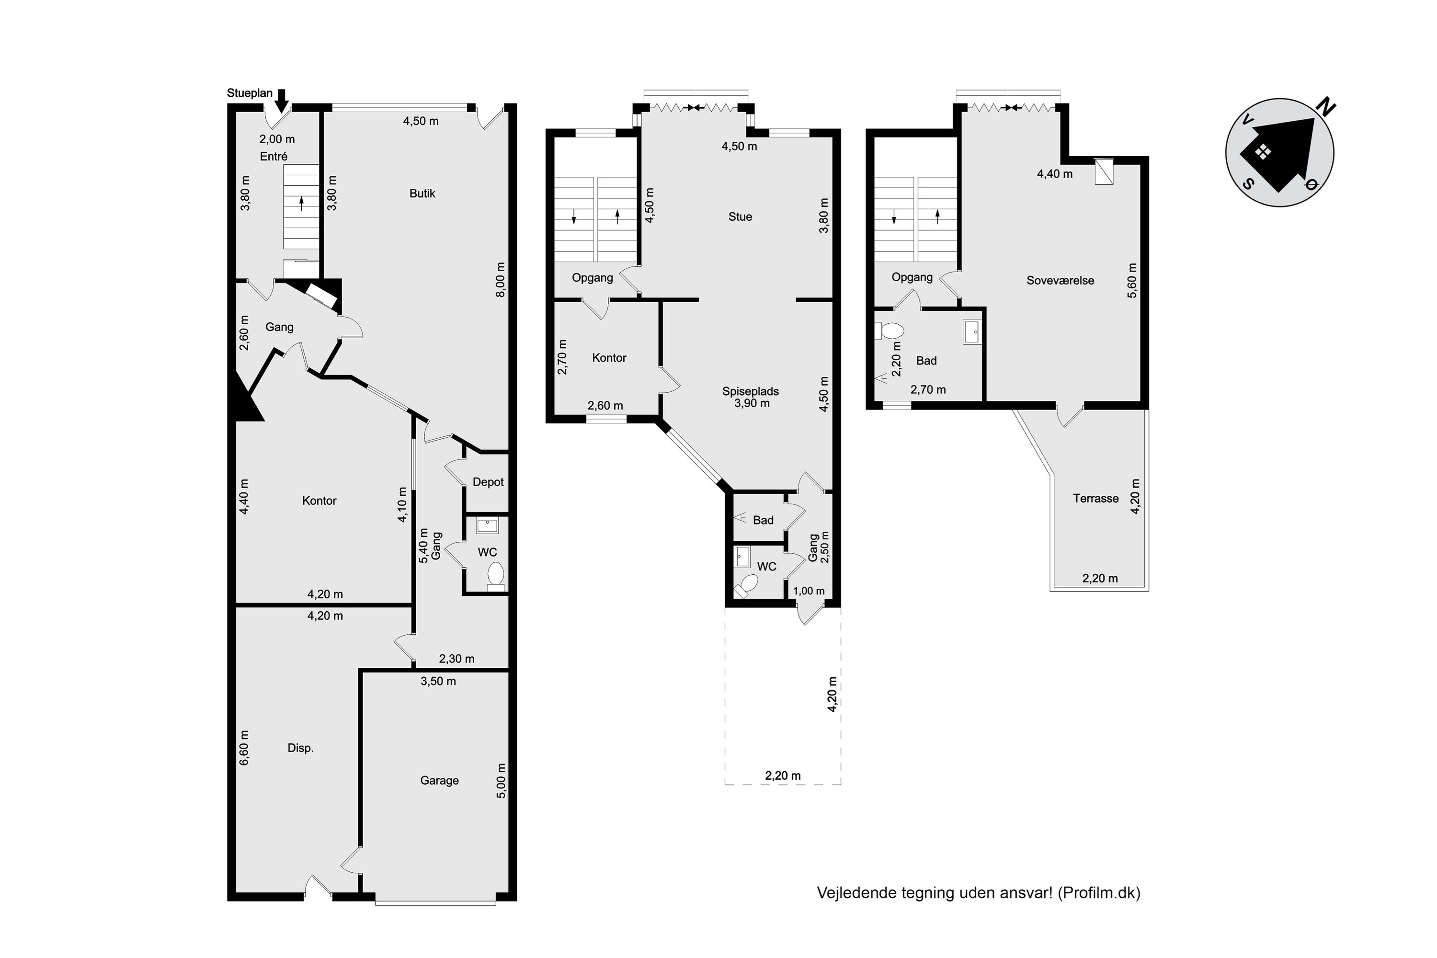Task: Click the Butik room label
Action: [x=422, y=194]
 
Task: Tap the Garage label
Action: [x=439, y=781]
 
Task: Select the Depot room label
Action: [x=488, y=482]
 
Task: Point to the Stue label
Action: [x=740, y=217]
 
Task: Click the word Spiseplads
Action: [x=750, y=392]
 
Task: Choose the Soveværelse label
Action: [x=1060, y=281]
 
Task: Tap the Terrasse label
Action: [x=1095, y=499]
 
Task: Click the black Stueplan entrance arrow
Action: [x=281, y=101]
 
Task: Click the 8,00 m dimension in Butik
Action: [x=501, y=280]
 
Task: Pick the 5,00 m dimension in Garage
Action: [x=501, y=781]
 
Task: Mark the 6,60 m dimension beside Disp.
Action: [x=244, y=748]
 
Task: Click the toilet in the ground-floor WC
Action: [x=495, y=576]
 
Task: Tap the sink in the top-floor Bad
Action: [x=972, y=332]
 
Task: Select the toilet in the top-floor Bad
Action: [x=890, y=331]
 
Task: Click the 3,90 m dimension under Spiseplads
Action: [x=752, y=403]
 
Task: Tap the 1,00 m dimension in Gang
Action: [x=809, y=591]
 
